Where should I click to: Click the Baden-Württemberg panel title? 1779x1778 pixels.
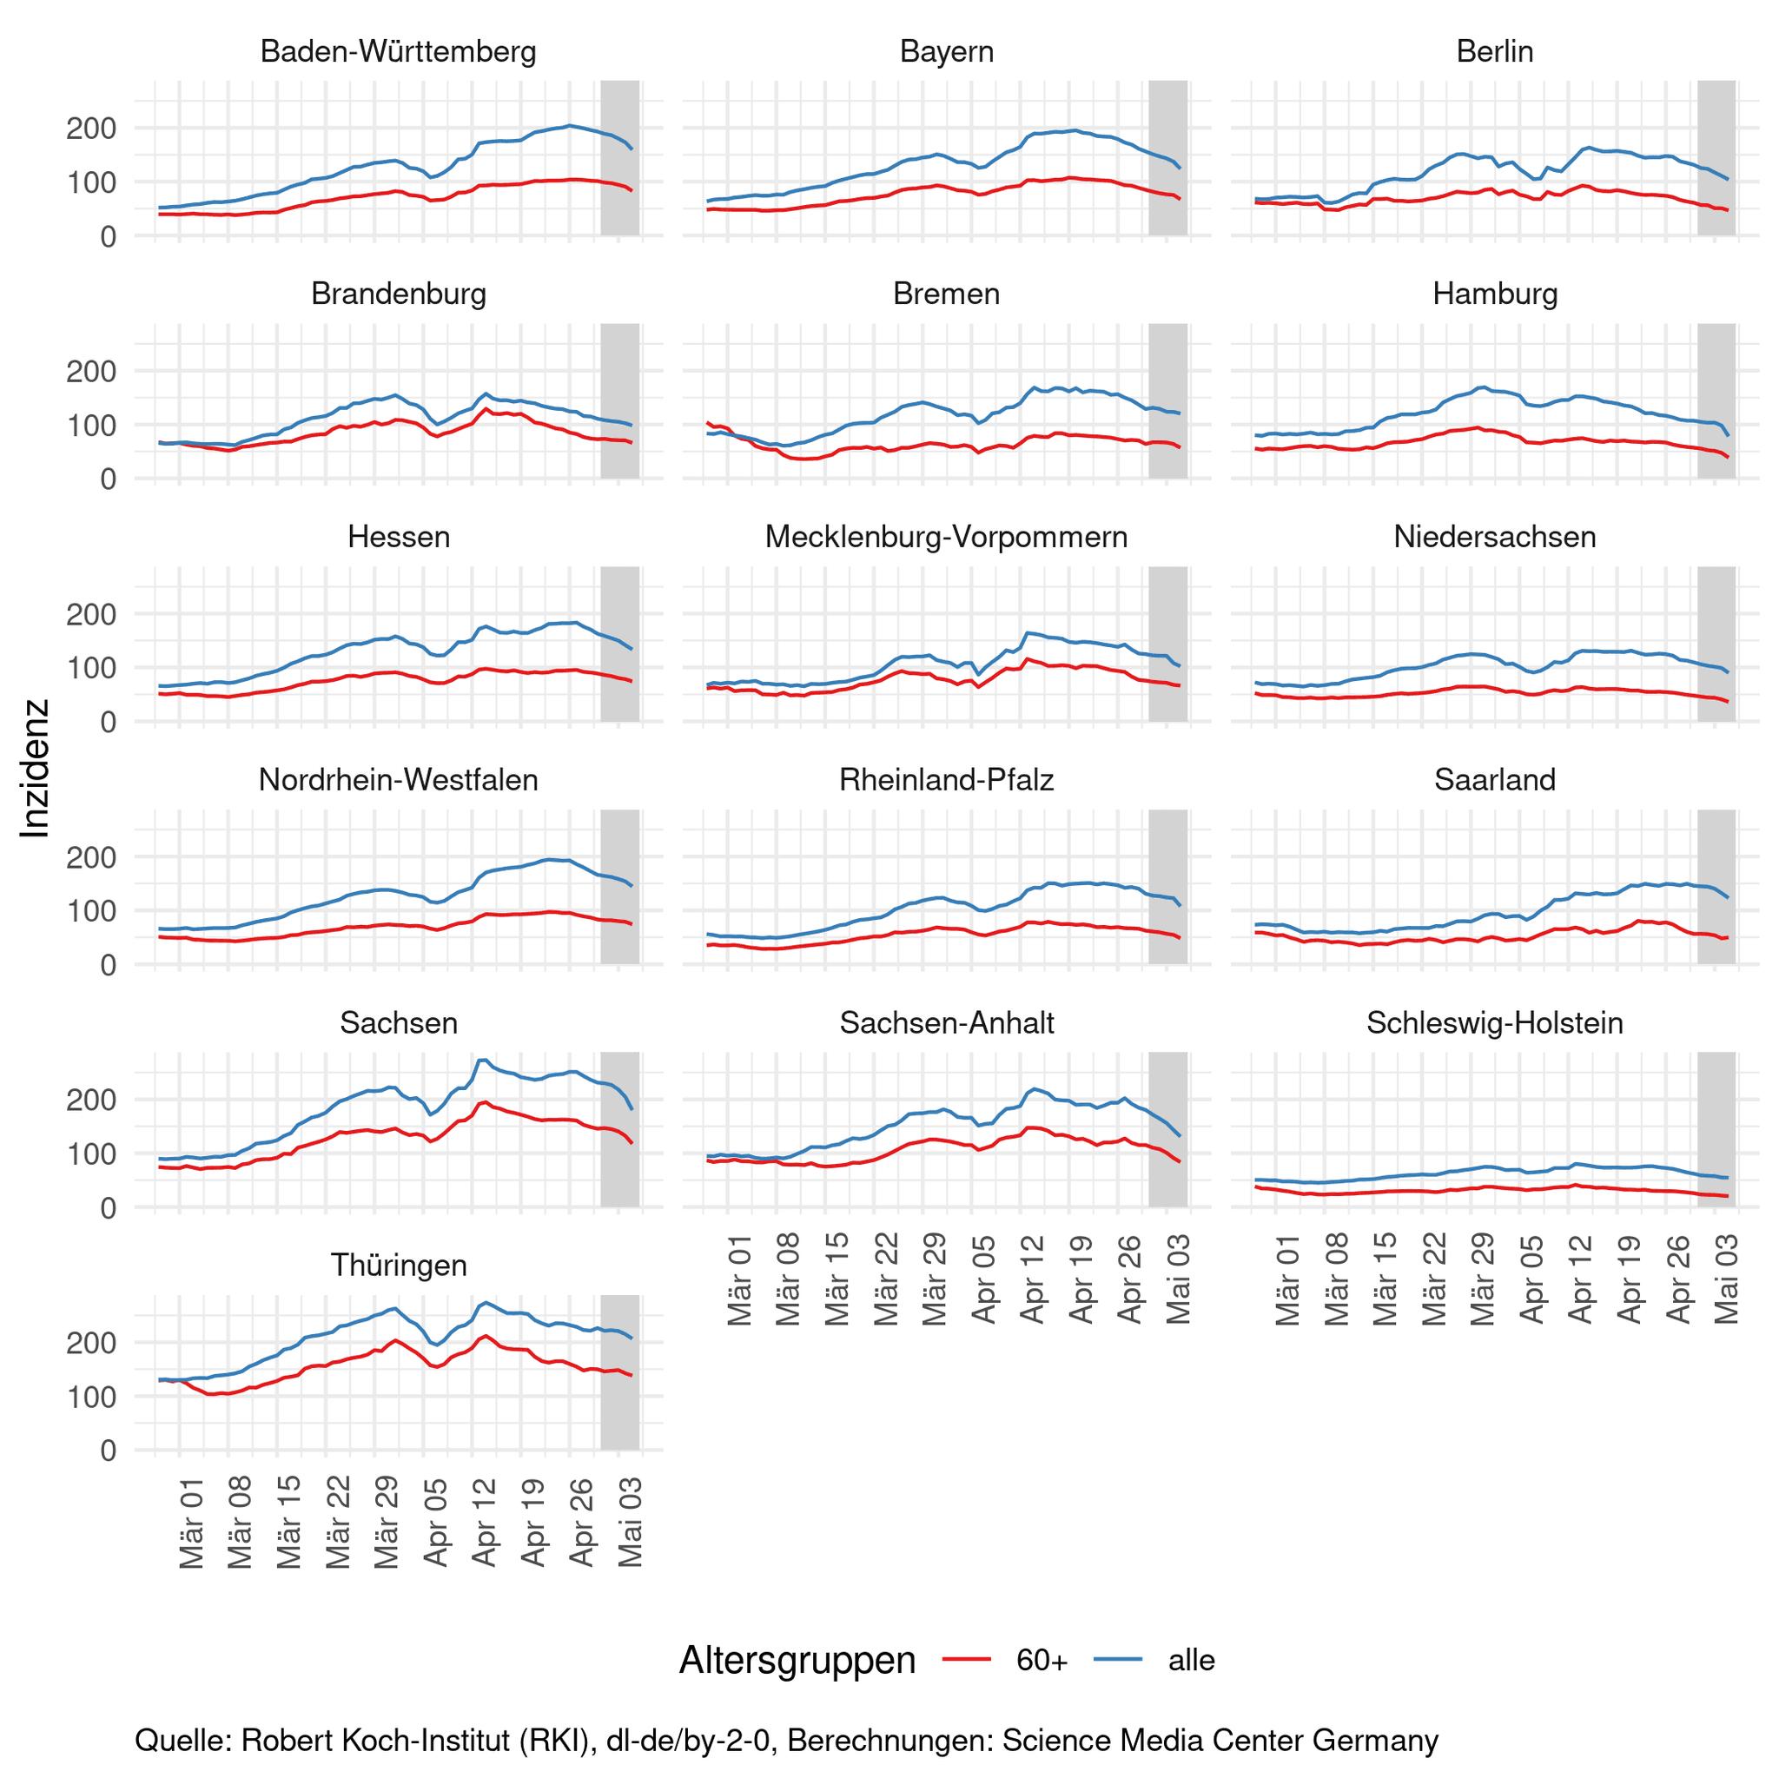click(x=398, y=51)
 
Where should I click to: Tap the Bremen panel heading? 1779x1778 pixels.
click(x=946, y=294)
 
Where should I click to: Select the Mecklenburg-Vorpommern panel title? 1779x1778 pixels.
click(x=946, y=537)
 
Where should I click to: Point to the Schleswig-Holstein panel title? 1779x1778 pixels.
click(x=1493, y=1023)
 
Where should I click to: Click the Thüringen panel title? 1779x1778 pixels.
click(x=398, y=1266)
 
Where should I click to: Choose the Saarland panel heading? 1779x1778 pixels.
click(x=1493, y=780)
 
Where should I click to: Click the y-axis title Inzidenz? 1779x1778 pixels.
click(x=35, y=768)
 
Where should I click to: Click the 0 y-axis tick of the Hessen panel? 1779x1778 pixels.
click(x=109, y=723)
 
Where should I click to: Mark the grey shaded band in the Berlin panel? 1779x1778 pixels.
click(x=1716, y=157)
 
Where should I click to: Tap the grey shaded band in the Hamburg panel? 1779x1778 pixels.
click(x=1716, y=400)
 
